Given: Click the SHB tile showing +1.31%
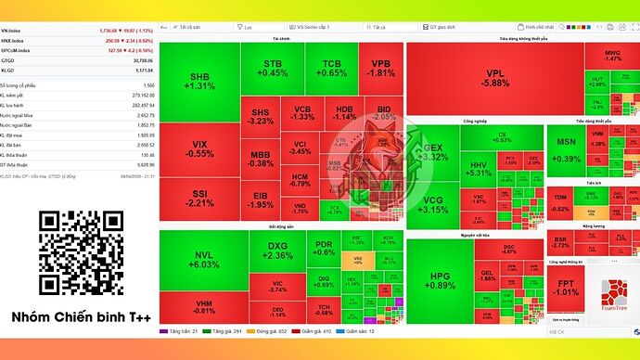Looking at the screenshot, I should tap(198, 81).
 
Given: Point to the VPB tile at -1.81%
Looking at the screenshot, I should tap(380, 67).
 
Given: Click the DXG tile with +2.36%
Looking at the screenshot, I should tap(277, 250).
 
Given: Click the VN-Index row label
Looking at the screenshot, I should tap(17, 32).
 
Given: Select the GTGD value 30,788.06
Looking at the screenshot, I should tap(136, 60).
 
